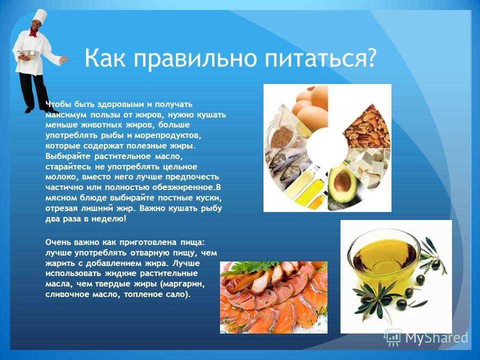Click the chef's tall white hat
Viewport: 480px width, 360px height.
click(39, 17)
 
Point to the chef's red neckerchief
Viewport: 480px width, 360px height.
click(33, 33)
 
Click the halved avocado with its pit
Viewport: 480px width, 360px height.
click(341, 183)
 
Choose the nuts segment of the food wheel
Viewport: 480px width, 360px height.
click(366, 127)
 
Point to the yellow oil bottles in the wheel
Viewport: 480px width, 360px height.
click(310, 187)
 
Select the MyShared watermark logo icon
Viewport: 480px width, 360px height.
click(393, 337)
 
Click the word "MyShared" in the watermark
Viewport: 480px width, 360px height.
click(437, 338)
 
